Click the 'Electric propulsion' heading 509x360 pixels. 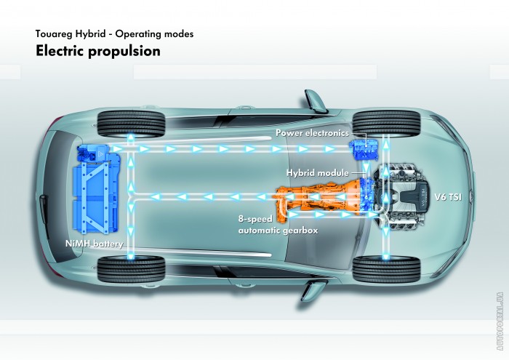(x=98, y=52)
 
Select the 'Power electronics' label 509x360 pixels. (x=312, y=133)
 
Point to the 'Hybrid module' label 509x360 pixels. (x=318, y=172)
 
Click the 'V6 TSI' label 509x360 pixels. (x=448, y=197)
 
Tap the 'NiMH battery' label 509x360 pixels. (x=94, y=244)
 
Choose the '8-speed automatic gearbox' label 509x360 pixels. (x=278, y=224)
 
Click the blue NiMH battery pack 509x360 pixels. (x=98, y=189)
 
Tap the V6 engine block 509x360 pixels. (x=402, y=197)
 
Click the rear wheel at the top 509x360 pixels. (x=131, y=124)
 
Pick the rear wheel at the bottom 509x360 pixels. (x=131, y=269)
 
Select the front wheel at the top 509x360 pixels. (x=386, y=124)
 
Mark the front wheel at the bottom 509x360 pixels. (x=386, y=269)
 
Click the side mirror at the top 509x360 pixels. (x=314, y=101)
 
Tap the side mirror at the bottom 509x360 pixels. (x=313, y=290)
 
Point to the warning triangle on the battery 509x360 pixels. (x=101, y=153)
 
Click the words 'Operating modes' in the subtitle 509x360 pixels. (x=154, y=33)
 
